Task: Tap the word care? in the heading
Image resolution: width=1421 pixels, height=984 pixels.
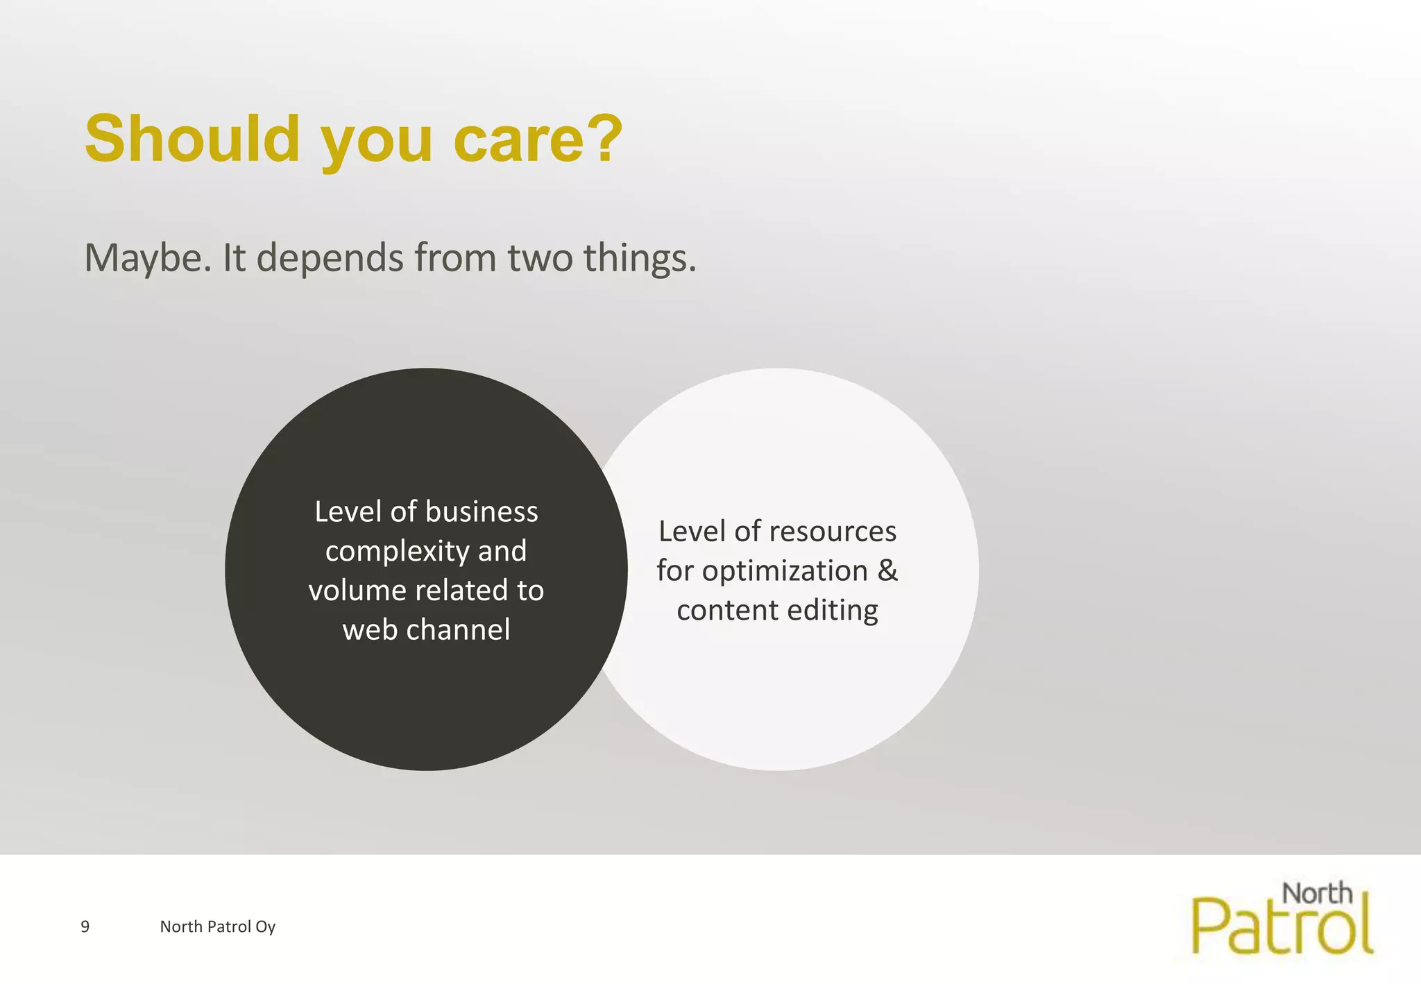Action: click(538, 139)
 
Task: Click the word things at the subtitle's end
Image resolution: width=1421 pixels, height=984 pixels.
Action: click(639, 258)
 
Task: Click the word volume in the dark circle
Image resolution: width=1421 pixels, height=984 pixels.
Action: click(357, 591)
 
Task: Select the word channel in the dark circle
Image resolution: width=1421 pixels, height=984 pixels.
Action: click(458, 630)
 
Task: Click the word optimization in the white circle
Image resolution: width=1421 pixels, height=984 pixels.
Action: click(785, 571)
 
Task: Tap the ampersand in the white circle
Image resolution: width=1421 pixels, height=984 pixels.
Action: click(887, 570)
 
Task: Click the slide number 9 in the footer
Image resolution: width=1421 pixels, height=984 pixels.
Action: click(85, 926)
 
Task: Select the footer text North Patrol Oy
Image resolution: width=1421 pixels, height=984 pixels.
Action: click(217, 926)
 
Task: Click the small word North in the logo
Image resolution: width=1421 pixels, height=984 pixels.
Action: click(1317, 894)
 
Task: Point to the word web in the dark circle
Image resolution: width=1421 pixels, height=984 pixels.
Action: click(369, 630)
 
